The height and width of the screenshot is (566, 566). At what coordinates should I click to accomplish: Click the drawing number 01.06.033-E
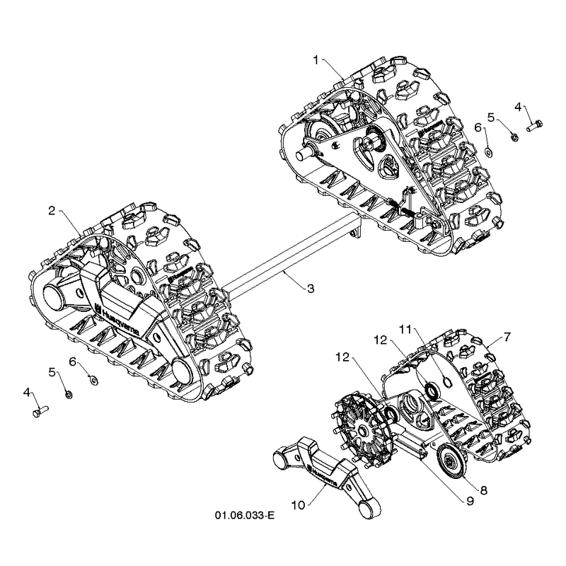point(244,515)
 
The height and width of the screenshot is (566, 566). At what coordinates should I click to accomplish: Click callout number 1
point(316,60)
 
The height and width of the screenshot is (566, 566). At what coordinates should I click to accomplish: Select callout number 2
point(52,211)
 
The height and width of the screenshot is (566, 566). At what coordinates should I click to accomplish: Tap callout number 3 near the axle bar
point(311,289)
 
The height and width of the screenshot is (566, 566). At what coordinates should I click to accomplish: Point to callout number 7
point(507,337)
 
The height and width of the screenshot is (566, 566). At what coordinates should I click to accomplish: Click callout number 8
point(484,490)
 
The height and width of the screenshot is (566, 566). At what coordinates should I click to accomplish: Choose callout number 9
point(470,502)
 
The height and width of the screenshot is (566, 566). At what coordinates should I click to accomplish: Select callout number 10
point(298,505)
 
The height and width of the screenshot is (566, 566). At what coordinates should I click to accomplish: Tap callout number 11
point(405,330)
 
